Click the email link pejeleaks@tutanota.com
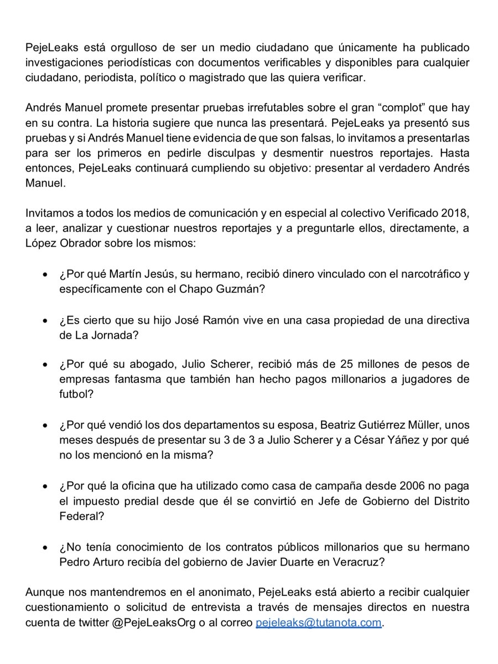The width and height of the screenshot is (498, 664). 318,622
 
